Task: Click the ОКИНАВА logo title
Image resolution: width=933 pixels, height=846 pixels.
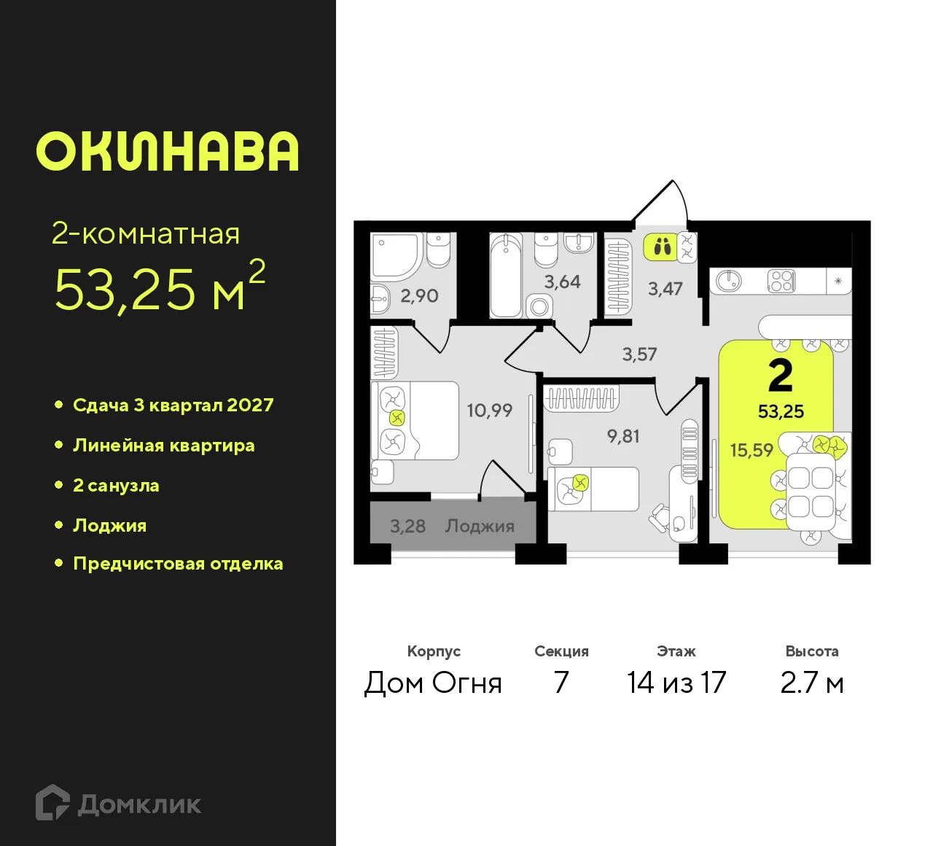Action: [x=168, y=152]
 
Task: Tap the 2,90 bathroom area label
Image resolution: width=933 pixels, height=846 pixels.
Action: [x=419, y=295]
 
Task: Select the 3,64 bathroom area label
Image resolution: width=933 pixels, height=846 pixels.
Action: [x=562, y=282]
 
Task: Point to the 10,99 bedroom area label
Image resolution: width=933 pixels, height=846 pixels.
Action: [x=489, y=411]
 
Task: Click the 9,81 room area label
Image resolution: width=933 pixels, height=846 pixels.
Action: [x=623, y=436]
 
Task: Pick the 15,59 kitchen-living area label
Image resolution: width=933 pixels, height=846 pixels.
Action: [x=752, y=450]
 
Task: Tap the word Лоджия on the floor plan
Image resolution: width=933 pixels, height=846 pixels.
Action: [x=480, y=526]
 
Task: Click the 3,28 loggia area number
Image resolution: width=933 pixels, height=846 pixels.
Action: [x=407, y=526]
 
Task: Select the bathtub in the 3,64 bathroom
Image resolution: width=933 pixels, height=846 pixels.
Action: [x=505, y=276]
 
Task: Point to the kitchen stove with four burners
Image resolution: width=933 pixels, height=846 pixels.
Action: [x=781, y=281]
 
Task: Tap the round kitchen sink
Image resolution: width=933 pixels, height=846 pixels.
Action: [x=728, y=280]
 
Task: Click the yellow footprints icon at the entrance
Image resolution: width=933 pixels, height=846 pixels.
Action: [x=662, y=247]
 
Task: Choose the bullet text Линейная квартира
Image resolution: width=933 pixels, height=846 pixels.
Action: [x=163, y=446]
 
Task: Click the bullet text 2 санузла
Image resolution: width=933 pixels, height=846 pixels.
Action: [x=116, y=486]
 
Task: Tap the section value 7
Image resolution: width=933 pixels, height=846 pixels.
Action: [x=561, y=683]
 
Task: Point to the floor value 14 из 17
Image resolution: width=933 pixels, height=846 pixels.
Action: [x=676, y=683]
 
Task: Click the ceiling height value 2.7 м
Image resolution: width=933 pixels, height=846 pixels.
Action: [x=811, y=683]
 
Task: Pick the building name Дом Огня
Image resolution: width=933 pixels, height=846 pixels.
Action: [x=433, y=683]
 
